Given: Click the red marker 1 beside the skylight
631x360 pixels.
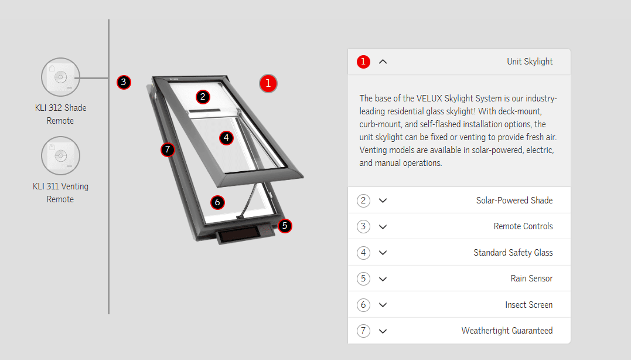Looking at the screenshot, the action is click(268, 83).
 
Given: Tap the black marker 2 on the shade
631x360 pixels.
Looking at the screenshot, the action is click(203, 97).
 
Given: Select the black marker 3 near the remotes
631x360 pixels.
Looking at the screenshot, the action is click(124, 82).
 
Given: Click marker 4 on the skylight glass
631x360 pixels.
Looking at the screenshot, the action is click(226, 138).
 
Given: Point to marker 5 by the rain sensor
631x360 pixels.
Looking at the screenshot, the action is click(285, 226).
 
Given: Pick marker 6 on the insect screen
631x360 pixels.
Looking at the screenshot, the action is click(217, 202).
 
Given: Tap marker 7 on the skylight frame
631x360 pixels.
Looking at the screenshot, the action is click(168, 150).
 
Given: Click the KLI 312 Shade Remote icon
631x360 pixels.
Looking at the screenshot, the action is click(61, 77).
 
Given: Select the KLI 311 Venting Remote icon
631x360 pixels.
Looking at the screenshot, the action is click(61, 155).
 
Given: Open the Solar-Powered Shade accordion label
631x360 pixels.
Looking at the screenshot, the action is click(514, 201).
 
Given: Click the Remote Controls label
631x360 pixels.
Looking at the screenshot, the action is click(523, 226).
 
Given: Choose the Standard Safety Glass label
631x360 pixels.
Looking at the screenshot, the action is click(513, 253).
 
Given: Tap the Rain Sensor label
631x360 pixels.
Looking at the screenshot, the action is click(531, 279).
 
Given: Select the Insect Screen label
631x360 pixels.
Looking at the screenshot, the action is click(529, 305).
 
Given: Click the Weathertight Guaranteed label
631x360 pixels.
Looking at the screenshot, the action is click(507, 331).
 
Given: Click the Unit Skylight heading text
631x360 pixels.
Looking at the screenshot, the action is click(530, 62).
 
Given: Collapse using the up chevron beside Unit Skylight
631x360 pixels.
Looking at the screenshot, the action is click(383, 62).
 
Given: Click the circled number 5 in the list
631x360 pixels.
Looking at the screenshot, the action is click(363, 279).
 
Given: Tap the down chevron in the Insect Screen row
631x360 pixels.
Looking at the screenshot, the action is click(383, 305).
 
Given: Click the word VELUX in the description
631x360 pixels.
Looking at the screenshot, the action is click(431, 99).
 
